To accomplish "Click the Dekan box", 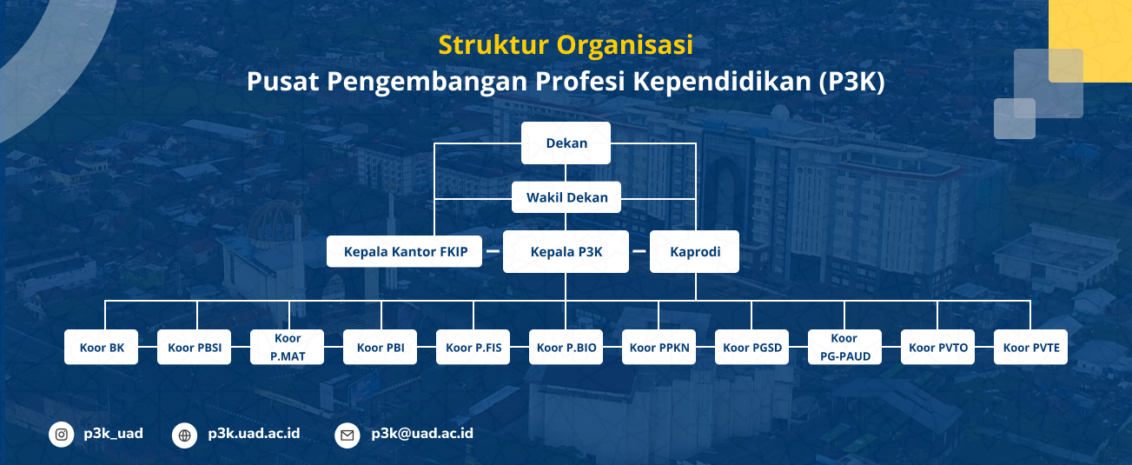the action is click(x=566, y=143).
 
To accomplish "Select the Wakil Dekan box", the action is click(x=566, y=197).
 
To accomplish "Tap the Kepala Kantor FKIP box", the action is click(x=404, y=251).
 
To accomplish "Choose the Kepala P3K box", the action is click(x=566, y=252).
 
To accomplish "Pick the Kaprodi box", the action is click(x=694, y=252).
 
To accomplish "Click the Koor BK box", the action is click(x=101, y=348).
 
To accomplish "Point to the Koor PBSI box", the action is click(x=194, y=348).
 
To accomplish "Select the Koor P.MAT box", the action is click(x=287, y=348).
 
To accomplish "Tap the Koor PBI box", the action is click(x=380, y=348).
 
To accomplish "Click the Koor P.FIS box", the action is click(x=473, y=348).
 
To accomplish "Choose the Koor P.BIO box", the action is click(x=566, y=348).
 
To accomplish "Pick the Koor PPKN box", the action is click(x=659, y=348).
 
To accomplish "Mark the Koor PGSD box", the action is click(x=752, y=348).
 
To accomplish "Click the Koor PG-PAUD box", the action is click(x=845, y=348).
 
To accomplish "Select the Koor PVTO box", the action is click(x=938, y=348).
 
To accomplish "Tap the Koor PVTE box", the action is click(x=1031, y=348).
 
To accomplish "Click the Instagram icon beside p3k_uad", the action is click(x=61, y=435).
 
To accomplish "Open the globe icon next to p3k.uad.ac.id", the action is click(x=184, y=435).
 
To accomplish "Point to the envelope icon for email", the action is click(x=348, y=435).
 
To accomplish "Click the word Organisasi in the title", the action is click(x=625, y=45).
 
